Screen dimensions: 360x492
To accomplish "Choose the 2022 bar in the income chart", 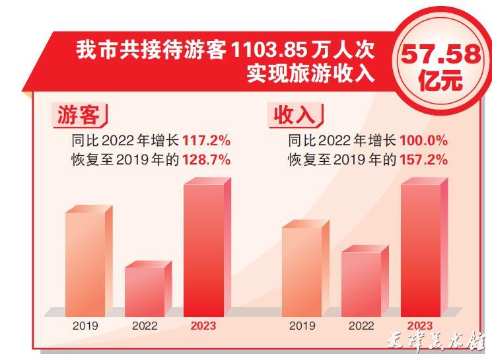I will [361, 283].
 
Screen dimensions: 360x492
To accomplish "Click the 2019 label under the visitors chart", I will [85, 326].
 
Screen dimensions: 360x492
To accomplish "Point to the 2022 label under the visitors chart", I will [145, 326].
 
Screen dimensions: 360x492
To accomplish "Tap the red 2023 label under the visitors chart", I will [203, 326].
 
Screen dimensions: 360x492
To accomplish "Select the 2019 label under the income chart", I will [302, 326].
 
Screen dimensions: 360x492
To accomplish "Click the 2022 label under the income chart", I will [361, 326].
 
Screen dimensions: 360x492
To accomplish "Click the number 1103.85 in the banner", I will [271, 51].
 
